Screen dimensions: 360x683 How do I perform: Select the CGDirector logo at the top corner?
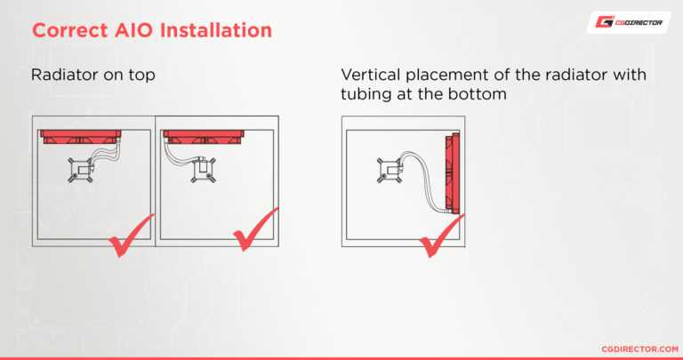click(628, 22)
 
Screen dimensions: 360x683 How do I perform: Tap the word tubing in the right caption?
click(366, 93)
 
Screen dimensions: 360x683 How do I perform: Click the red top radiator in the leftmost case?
click(80, 138)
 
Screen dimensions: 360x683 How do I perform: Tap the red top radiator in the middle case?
click(205, 138)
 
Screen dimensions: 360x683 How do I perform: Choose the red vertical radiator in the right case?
click(455, 173)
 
